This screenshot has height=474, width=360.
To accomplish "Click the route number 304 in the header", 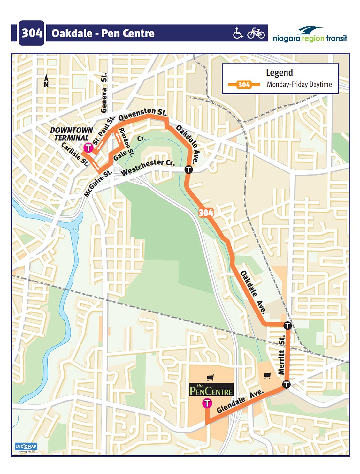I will click(31, 33).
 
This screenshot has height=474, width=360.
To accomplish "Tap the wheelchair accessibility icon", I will click(238, 33).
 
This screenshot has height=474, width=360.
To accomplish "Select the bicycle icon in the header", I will click(256, 33).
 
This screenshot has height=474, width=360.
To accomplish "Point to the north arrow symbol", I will click(46, 80).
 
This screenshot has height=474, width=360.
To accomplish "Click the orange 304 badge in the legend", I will click(244, 85).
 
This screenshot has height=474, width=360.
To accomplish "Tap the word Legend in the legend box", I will click(279, 73).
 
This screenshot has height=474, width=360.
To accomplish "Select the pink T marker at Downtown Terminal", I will click(88, 148).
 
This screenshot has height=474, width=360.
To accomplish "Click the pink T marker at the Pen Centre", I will click(207, 403).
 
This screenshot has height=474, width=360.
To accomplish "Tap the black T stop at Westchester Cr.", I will click(188, 169).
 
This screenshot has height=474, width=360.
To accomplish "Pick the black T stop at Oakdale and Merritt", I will click(287, 326).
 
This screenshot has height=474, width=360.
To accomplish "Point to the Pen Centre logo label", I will click(211, 390).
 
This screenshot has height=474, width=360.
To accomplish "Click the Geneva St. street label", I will click(104, 93).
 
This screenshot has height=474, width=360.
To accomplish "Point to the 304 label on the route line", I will click(206, 213).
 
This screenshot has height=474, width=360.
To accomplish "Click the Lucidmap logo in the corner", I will click(26, 446).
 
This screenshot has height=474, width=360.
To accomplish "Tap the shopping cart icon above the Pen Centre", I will click(211, 378).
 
